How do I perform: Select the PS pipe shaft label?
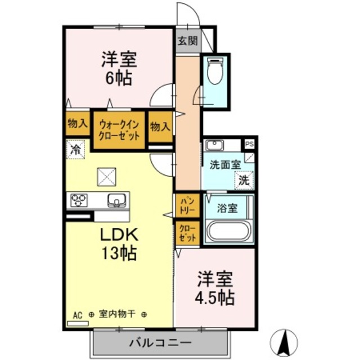pos(249,144)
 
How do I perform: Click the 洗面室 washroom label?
pos(225,165)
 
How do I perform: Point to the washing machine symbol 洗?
pos(244,180)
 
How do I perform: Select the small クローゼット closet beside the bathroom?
pos(187,233)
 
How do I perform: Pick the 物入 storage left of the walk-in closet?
pos(76,124)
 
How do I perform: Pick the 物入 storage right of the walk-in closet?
pos(160,127)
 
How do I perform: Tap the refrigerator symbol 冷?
pos(75,149)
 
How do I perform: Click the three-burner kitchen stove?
pos(79,200)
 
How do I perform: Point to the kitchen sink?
pos(116,200)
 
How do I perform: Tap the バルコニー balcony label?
pos(161,342)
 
